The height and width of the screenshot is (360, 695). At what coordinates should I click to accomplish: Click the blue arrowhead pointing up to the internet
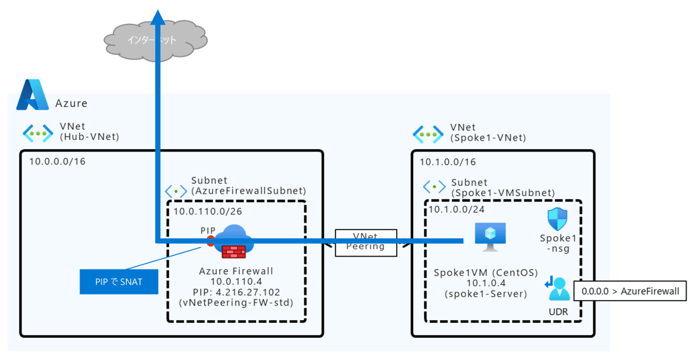[x=158, y=17]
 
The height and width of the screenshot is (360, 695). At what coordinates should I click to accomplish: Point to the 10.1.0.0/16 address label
[x=447, y=162]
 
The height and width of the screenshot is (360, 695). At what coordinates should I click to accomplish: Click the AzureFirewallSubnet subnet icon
[x=176, y=190]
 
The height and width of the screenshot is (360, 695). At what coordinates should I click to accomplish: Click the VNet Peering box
[x=366, y=241]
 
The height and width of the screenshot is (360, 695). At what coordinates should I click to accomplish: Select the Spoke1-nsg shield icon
[x=557, y=219]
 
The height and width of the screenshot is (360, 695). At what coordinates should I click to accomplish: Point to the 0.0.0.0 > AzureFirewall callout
[x=630, y=291]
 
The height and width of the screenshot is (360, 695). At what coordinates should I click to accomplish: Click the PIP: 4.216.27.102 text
[x=236, y=293]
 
